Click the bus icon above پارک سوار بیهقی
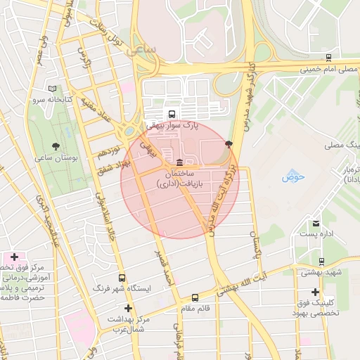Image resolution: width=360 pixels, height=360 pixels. [x=172, y=114]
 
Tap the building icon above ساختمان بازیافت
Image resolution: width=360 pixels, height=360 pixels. [x=181, y=162]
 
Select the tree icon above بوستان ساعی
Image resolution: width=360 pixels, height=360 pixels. [x=56, y=146]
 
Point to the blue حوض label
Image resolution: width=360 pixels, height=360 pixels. [x=292, y=176]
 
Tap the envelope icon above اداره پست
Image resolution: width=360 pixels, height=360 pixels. [x=316, y=224]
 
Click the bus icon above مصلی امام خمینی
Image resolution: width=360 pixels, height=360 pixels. [x=329, y=58]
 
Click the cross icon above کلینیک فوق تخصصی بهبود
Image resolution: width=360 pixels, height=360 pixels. [x=316, y=291]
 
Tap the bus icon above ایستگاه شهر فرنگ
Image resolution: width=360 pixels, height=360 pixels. [x=123, y=278]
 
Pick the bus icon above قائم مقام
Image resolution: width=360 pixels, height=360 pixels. [x=195, y=297]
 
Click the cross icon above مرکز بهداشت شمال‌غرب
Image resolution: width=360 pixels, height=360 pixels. [x=128, y=308]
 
